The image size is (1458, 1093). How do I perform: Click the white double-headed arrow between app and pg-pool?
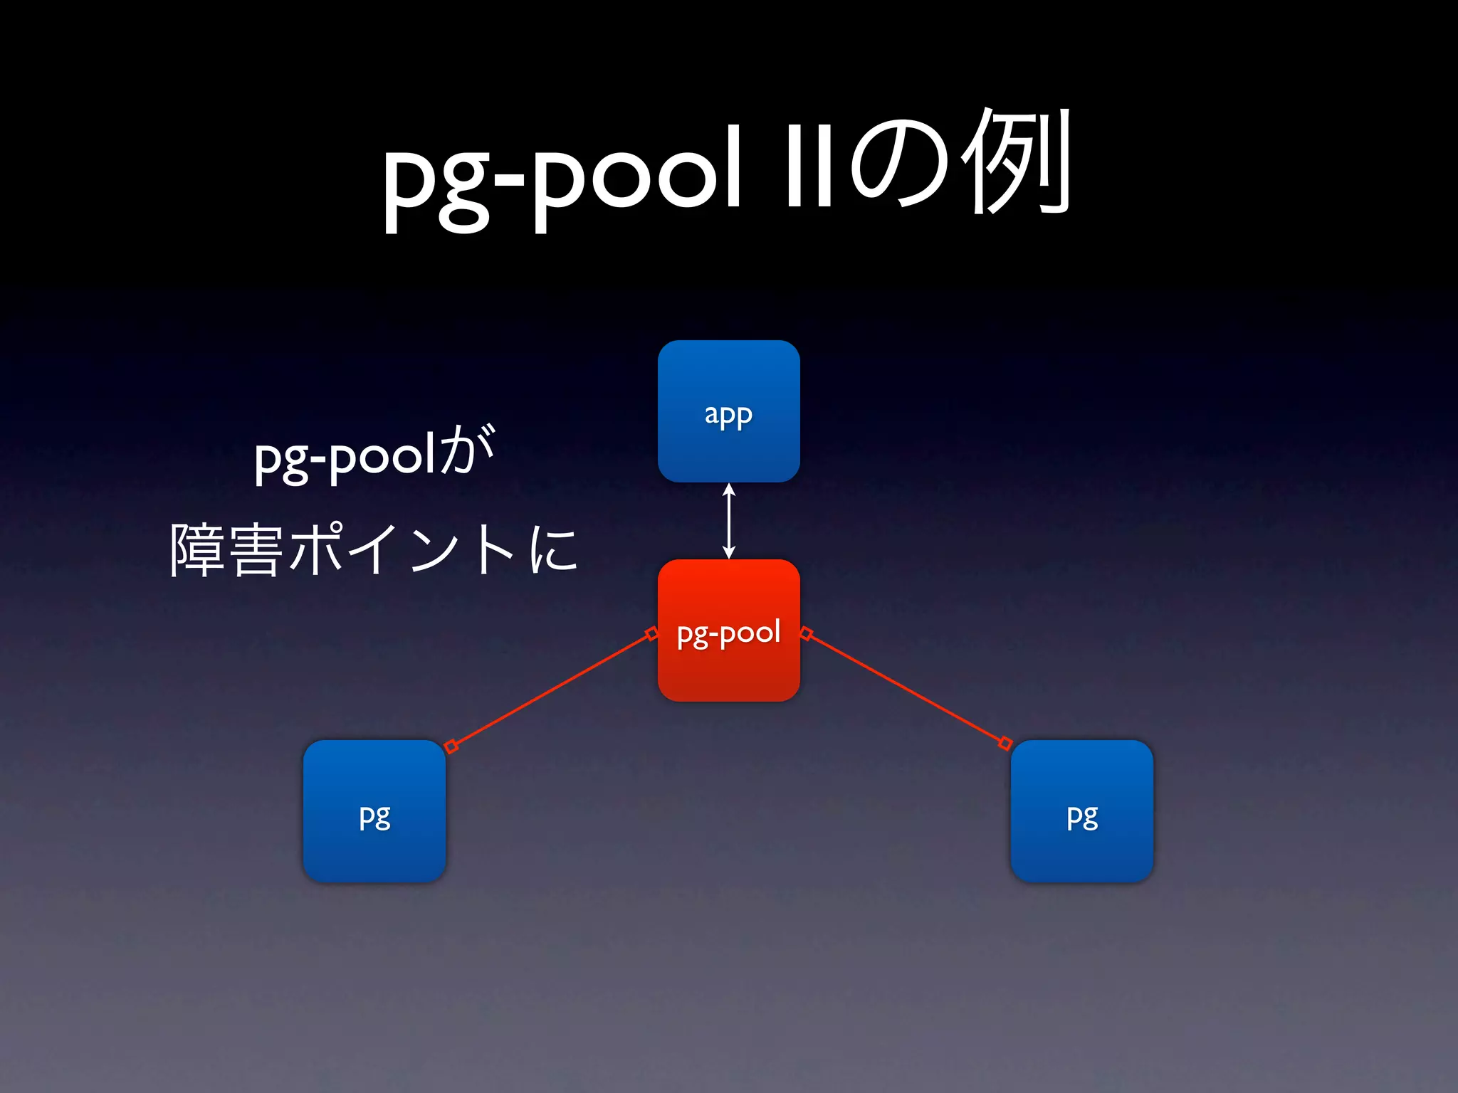(728, 521)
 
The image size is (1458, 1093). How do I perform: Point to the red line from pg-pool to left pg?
(551, 690)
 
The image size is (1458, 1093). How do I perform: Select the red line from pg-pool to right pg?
(906, 688)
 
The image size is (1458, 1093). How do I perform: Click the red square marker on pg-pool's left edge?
(651, 633)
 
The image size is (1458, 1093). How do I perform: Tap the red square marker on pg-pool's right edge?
(806, 633)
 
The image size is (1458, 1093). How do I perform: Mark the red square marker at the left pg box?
(451, 746)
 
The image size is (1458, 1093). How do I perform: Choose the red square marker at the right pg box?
(1005, 744)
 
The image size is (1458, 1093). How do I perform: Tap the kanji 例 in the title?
(1016, 162)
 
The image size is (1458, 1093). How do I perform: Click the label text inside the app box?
(728, 415)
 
